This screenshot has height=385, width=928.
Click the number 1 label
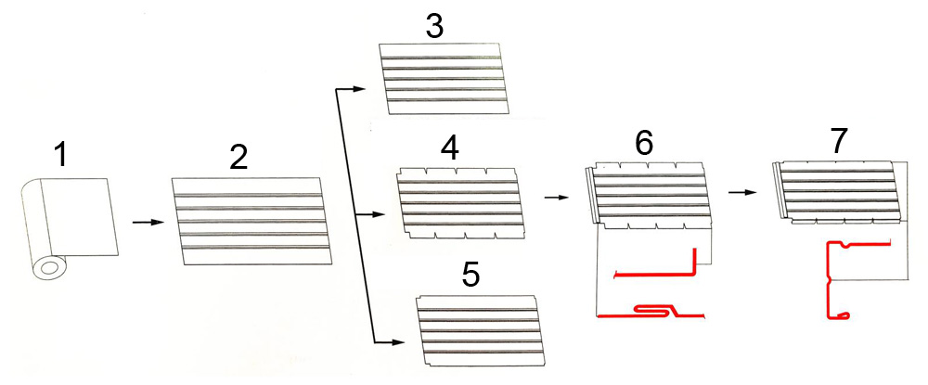(x=60, y=155)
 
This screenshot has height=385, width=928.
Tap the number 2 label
(x=240, y=157)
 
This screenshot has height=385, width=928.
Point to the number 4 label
(x=450, y=149)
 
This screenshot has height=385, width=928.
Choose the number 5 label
(x=470, y=275)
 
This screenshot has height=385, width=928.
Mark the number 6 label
(x=644, y=141)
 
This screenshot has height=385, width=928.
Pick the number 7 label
(x=839, y=140)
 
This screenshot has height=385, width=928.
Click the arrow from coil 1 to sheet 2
(x=148, y=223)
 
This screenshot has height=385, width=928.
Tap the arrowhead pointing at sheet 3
(x=360, y=89)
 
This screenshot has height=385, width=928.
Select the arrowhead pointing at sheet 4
(x=380, y=214)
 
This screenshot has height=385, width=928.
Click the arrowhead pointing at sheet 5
(x=397, y=341)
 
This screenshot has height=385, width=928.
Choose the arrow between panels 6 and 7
(x=743, y=192)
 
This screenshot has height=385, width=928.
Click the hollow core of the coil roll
(x=49, y=269)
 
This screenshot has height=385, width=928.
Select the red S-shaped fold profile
(x=651, y=312)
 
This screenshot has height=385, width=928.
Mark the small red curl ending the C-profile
(x=846, y=315)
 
